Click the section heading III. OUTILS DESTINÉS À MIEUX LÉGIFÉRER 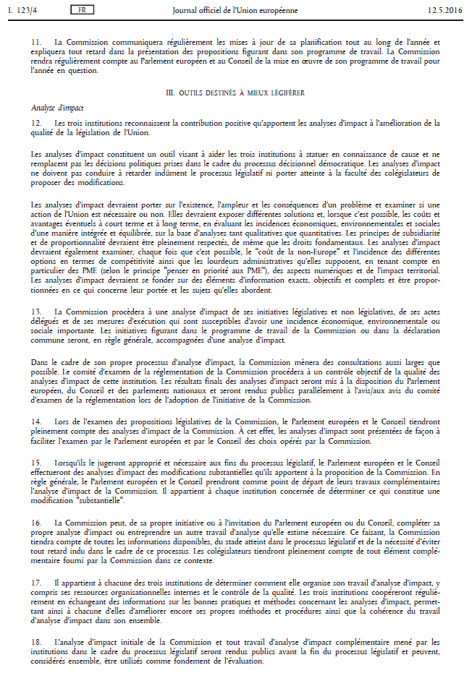point(235,93)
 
